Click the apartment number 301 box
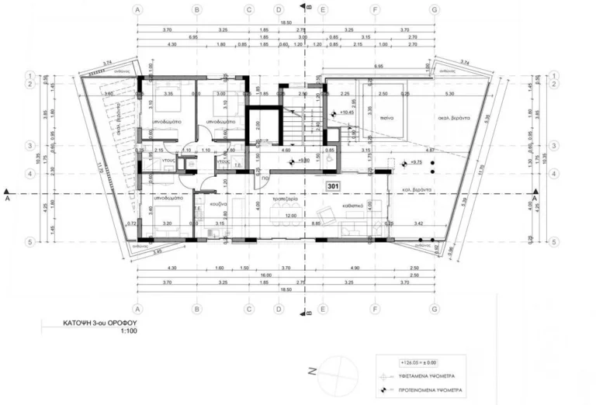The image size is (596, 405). tap(334, 187)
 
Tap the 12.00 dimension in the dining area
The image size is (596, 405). tap(289, 215)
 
